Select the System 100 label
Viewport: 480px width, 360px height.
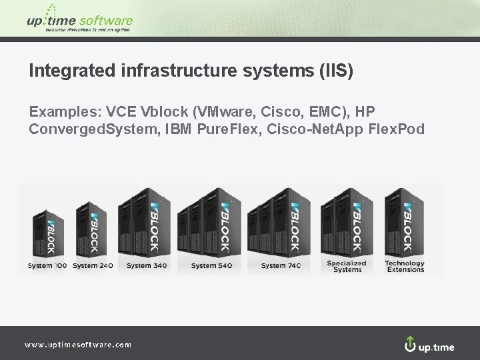click(47, 265)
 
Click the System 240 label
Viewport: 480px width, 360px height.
click(92, 265)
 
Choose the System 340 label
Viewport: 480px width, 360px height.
click(147, 265)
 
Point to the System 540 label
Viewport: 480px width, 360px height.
click(213, 265)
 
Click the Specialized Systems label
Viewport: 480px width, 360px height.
click(347, 266)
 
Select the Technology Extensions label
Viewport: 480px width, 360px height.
click(405, 266)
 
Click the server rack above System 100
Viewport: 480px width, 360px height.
click(47, 233)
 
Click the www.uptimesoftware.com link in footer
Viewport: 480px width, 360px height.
click(78, 345)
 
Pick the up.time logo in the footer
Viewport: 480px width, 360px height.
click(429, 345)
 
